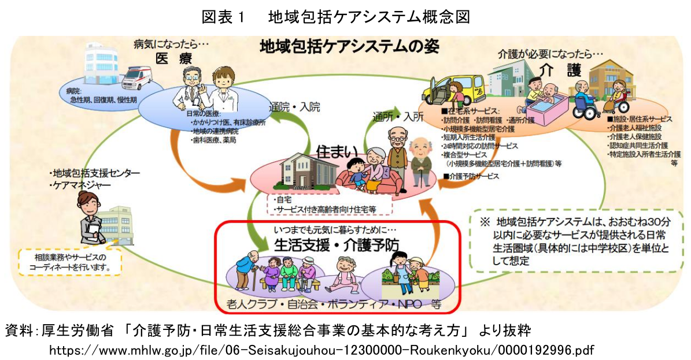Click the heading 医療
(173, 59)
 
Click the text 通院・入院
(294, 108)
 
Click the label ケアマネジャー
(82, 185)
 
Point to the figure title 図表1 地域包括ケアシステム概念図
(335, 17)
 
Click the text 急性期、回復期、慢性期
(100, 99)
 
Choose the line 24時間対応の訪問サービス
(481, 146)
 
